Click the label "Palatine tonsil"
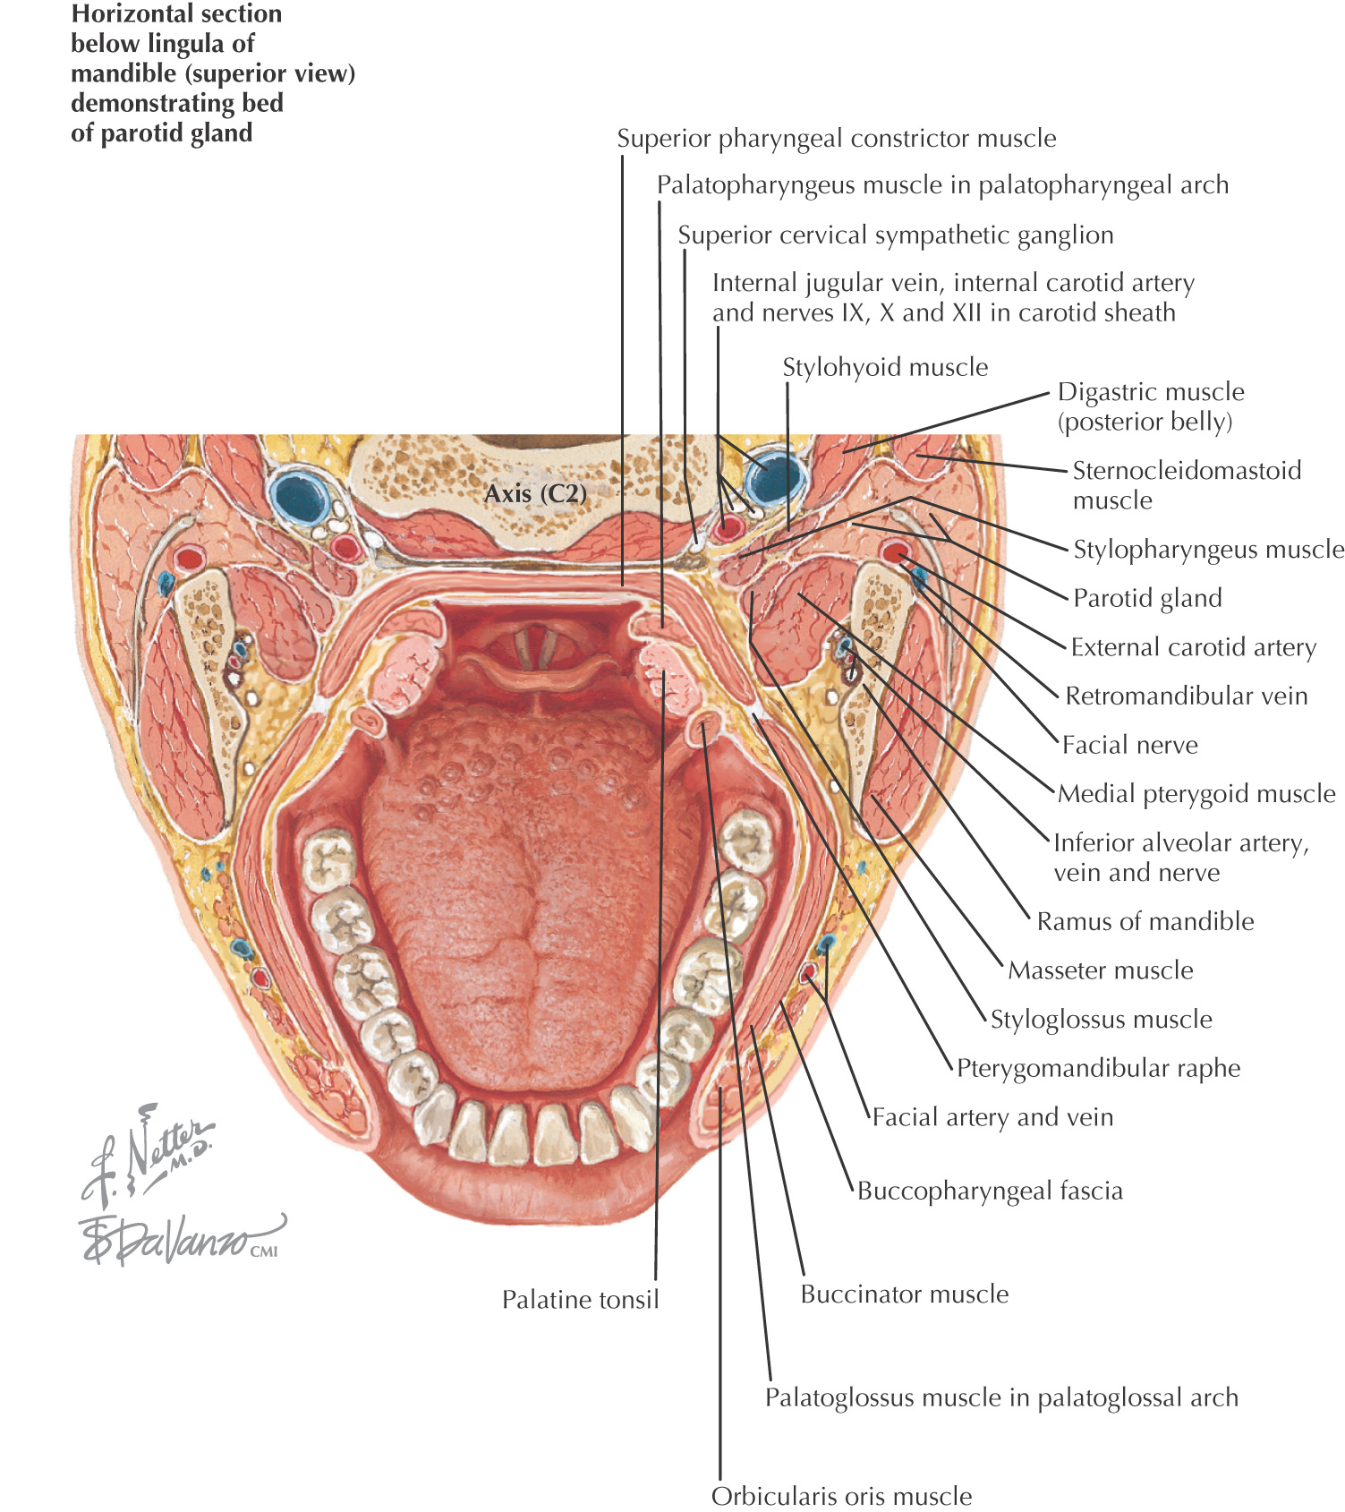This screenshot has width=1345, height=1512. coord(580,1299)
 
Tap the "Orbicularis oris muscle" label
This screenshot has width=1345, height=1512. coord(841,1496)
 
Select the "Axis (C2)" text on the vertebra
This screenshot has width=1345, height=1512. coord(535,493)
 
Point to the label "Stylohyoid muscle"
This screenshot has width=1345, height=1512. coord(885,367)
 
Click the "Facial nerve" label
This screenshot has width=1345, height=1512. coord(1129,745)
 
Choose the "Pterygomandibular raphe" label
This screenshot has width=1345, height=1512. coord(1098,1068)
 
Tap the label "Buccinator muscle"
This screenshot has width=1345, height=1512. coord(904,1294)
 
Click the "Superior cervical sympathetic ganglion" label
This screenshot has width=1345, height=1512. coord(895,235)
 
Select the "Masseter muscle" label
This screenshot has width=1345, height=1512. coord(1100,970)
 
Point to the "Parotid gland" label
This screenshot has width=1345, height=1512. coord(1147,598)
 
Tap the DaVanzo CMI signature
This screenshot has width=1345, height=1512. coord(179,1240)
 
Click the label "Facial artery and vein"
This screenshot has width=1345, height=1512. coord(992,1117)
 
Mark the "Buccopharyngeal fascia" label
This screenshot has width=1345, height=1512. coord(990,1191)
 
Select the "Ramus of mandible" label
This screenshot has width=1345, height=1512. coord(1145,921)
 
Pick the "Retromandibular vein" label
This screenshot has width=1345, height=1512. coord(1186,696)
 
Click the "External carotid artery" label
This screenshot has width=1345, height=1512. coord(1193,647)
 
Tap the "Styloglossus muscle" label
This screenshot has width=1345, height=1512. coord(1101,1019)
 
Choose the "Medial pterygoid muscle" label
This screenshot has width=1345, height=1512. coord(1196,793)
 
